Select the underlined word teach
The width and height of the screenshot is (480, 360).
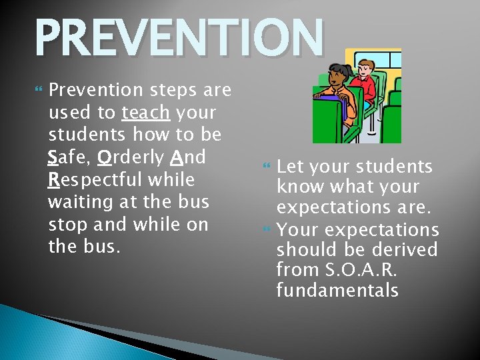click(145, 113)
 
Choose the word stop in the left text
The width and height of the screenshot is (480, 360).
click(67, 225)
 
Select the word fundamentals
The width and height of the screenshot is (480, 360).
click(337, 291)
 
